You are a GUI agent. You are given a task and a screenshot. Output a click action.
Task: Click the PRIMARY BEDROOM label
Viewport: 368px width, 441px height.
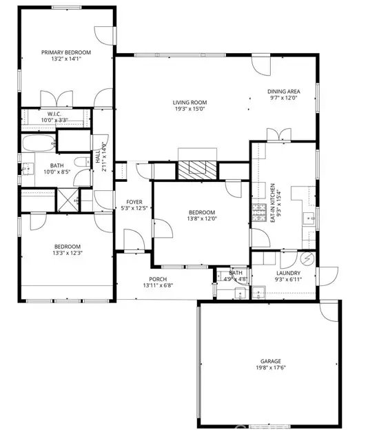pos(66,52)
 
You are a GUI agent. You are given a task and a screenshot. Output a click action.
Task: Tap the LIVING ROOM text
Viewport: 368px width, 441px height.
pos(190,103)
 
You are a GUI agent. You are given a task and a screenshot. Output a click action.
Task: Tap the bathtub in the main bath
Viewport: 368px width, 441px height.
pos(37,145)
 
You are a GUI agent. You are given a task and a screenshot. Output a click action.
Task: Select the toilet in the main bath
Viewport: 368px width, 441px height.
pos(81,162)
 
